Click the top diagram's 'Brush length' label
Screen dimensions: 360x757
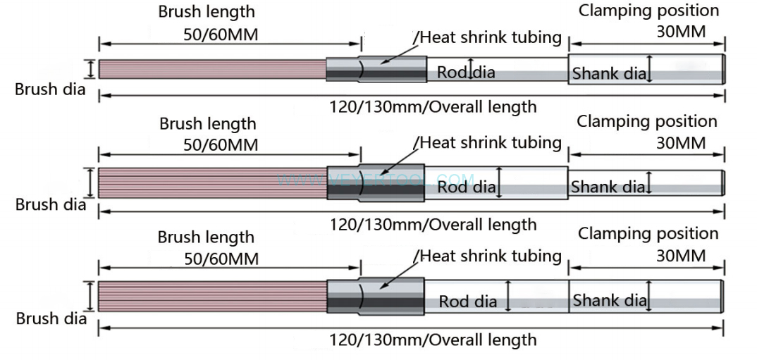pos(206,12)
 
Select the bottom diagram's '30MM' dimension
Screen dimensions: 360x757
pos(681,256)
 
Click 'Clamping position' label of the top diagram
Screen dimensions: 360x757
pos(648,11)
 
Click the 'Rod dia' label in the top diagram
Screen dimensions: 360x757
pos(466,72)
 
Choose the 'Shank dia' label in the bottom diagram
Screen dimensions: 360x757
pos(610,301)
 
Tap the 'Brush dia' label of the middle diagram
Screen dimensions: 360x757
pos(51,205)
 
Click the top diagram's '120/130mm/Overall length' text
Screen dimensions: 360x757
pos(433,107)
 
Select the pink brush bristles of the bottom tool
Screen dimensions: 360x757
pos(211,296)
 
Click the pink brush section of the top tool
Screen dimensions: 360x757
pos(211,69)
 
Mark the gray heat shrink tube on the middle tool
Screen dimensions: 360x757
pos(377,183)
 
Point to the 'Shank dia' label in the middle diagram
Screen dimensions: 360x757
pos(608,187)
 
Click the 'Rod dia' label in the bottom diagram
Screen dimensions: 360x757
pos(468,302)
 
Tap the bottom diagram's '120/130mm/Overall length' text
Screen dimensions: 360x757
pos(433,340)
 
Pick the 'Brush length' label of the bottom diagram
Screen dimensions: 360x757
pos(206,237)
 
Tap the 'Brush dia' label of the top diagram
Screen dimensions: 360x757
pos(50,89)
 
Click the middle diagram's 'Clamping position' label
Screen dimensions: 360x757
pos(647,121)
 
